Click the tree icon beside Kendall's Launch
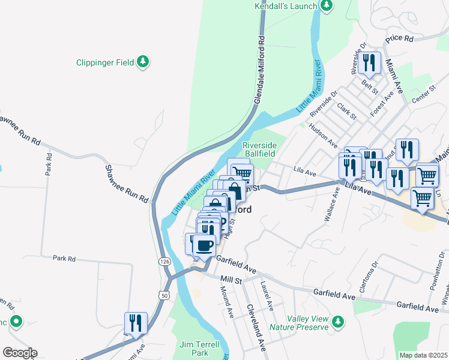326,6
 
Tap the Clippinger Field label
105,62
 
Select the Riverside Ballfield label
259,149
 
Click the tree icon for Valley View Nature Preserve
338,322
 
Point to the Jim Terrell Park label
199,349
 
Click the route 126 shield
164,262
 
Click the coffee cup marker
205,245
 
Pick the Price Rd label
400,38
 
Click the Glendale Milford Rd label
261,70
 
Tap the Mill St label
231,280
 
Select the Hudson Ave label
322,135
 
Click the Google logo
19,353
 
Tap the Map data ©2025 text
423,355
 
